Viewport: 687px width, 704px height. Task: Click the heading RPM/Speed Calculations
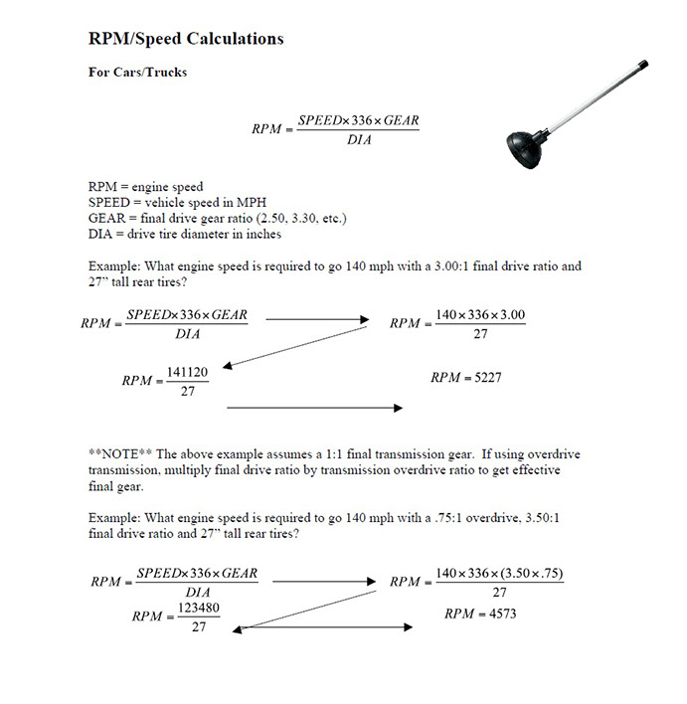(x=186, y=39)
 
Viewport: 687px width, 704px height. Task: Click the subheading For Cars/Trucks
(x=137, y=73)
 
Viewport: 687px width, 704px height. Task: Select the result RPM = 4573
(x=480, y=614)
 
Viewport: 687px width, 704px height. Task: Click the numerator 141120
(x=187, y=371)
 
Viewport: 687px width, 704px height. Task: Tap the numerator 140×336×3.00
(x=480, y=315)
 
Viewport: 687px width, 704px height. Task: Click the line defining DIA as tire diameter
(x=185, y=235)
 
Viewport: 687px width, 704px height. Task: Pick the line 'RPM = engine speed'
(x=145, y=187)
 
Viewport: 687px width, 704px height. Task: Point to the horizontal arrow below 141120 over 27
(x=314, y=408)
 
